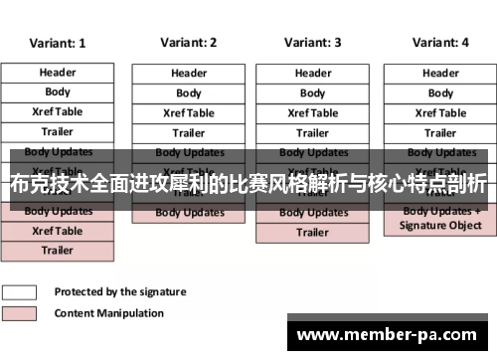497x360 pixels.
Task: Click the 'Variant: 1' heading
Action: (57, 44)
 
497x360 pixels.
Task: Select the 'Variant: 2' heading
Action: (188, 43)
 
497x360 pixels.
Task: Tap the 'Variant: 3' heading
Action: (312, 43)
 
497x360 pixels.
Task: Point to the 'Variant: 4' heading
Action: (439, 43)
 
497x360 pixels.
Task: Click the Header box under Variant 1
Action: (57, 73)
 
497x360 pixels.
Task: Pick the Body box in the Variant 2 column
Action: (188, 93)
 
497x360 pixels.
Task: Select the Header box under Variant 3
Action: (312, 74)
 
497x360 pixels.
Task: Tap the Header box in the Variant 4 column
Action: (439, 74)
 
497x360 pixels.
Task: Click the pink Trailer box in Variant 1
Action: (57, 251)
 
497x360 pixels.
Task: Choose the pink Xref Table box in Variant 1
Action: (57, 231)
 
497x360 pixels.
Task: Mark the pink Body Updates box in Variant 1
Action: (57, 212)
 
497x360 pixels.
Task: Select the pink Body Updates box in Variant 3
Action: (312, 213)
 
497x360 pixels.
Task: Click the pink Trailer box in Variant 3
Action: (312, 233)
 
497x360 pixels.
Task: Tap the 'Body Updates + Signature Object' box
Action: (439, 219)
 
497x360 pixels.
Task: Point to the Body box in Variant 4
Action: (439, 93)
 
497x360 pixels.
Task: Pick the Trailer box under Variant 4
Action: (439, 133)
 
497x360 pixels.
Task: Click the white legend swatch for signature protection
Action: (20, 292)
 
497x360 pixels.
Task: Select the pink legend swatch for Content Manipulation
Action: (20, 313)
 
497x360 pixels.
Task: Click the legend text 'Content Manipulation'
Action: (109, 313)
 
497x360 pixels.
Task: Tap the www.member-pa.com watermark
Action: (390, 335)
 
